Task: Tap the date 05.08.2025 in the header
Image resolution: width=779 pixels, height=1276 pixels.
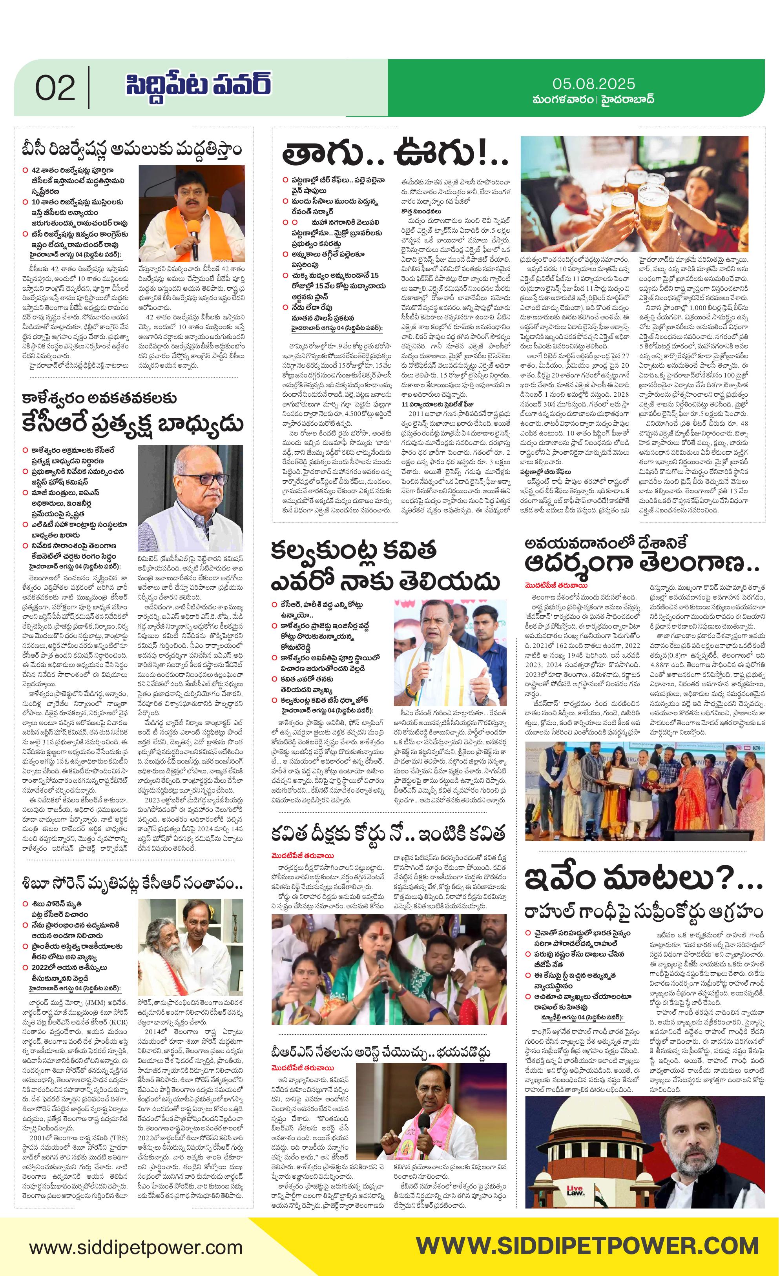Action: [x=594, y=84]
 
